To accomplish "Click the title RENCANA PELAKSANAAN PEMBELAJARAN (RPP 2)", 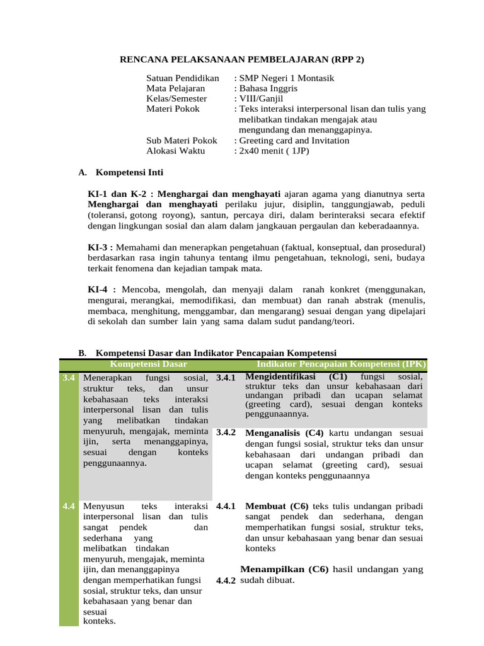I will tap(242, 60).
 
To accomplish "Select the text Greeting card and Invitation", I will tap(294, 141).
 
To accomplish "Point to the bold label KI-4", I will tap(100, 289).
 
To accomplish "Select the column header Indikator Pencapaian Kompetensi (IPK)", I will tap(341, 364).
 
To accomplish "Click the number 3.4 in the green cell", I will tap(69, 377).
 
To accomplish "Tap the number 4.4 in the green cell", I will tap(69, 506).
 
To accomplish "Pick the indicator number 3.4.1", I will tap(225, 377).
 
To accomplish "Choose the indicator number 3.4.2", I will tap(225, 433).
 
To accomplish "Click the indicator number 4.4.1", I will tap(225, 506).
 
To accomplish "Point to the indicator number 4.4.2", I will tap(225, 580).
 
